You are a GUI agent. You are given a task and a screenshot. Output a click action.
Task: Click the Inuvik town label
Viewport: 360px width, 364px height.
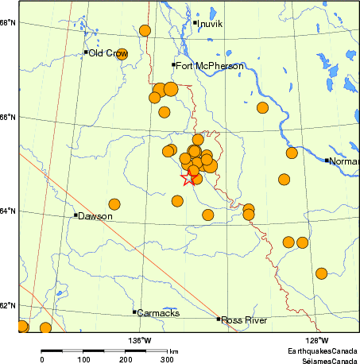pos(211,25)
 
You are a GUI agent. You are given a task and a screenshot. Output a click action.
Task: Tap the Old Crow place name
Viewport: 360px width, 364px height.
pos(108,53)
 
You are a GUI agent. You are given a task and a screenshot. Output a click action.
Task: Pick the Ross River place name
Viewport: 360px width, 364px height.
pos(244,320)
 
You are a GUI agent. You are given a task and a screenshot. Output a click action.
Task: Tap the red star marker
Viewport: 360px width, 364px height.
pos(188,179)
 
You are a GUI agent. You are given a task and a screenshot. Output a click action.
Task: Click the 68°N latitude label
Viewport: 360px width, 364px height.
pos(9,22)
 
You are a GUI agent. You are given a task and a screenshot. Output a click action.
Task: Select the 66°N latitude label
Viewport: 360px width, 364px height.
pos(9,117)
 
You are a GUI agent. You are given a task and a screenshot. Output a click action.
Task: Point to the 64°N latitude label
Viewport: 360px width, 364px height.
pos(9,211)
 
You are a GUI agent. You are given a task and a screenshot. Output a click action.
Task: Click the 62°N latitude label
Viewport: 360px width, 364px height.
pos(9,305)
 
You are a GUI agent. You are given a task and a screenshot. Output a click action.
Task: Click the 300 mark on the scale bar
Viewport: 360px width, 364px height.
pos(167,360)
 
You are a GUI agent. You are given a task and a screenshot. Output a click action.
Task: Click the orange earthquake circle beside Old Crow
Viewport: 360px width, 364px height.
pos(122,54)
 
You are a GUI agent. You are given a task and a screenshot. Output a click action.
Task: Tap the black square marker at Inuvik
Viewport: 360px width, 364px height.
pos(195,22)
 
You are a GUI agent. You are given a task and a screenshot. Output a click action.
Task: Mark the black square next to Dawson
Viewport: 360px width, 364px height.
pos(75,215)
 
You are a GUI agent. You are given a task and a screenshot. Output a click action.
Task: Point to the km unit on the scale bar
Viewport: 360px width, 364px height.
pos(173,350)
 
